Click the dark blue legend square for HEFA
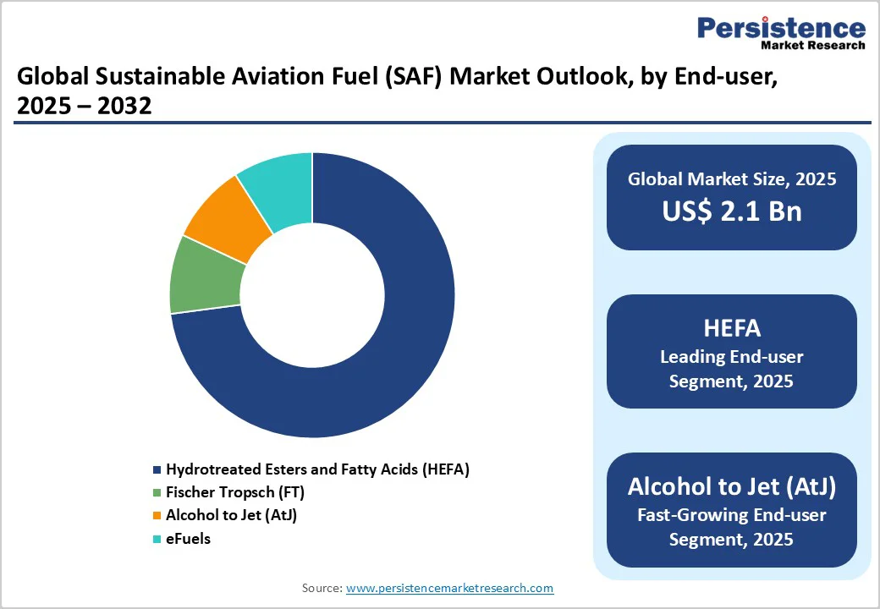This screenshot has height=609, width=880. click(x=157, y=469)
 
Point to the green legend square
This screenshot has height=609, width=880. click(x=157, y=492)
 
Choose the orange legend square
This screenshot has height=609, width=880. click(x=157, y=515)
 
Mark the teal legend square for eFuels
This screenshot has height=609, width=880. click(x=157, y=539)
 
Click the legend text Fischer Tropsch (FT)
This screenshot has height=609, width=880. click(x=235, y=492)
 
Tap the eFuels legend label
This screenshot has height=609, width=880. click(x=188, y=539)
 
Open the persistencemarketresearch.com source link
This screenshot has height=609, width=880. click(x=449, y=588)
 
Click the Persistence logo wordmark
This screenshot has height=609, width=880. click(x=781, y=27)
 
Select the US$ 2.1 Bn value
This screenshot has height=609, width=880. click(x=732, y=211)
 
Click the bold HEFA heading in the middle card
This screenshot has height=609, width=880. click(x=732, y=328)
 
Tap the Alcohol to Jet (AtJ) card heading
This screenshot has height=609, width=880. click(x=732, y=486)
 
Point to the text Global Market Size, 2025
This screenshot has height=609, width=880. click(x=732, y=178)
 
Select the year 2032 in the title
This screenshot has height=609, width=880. click(x=124, y=106)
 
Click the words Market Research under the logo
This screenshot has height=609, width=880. click(x=813, y=45)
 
